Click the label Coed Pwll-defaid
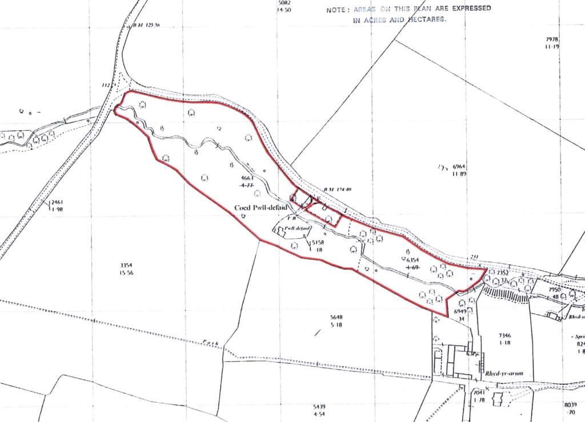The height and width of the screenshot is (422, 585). pyautogui.click(x=260, y=207)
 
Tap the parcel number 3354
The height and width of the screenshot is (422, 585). pyautogui.click(x=126, y=266)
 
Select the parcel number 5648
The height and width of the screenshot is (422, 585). pyautogui.click(x=335, y=317)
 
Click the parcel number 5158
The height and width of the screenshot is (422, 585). pyautogui.click(x=318, y=243)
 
